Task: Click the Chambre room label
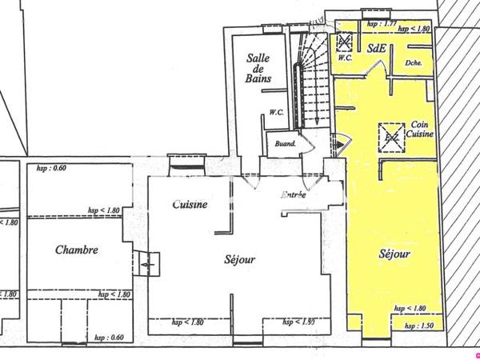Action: click(x=77, y=250)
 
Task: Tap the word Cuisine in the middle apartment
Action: click(x=190, y=204)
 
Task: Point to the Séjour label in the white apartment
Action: click(x=239, y=259)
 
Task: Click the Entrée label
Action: click(x=294, y=195)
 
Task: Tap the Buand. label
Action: click(x=286, y=144)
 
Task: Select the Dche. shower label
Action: click(x=414, y=62)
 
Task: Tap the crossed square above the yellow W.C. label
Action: click(x=346, y=42)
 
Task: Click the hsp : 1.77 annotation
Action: click(x=381, y=25)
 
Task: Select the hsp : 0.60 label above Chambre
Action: click(x=52, y=167)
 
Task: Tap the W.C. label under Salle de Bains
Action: click(x=278, y=112)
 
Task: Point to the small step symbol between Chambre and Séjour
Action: click(x=148, y=262)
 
